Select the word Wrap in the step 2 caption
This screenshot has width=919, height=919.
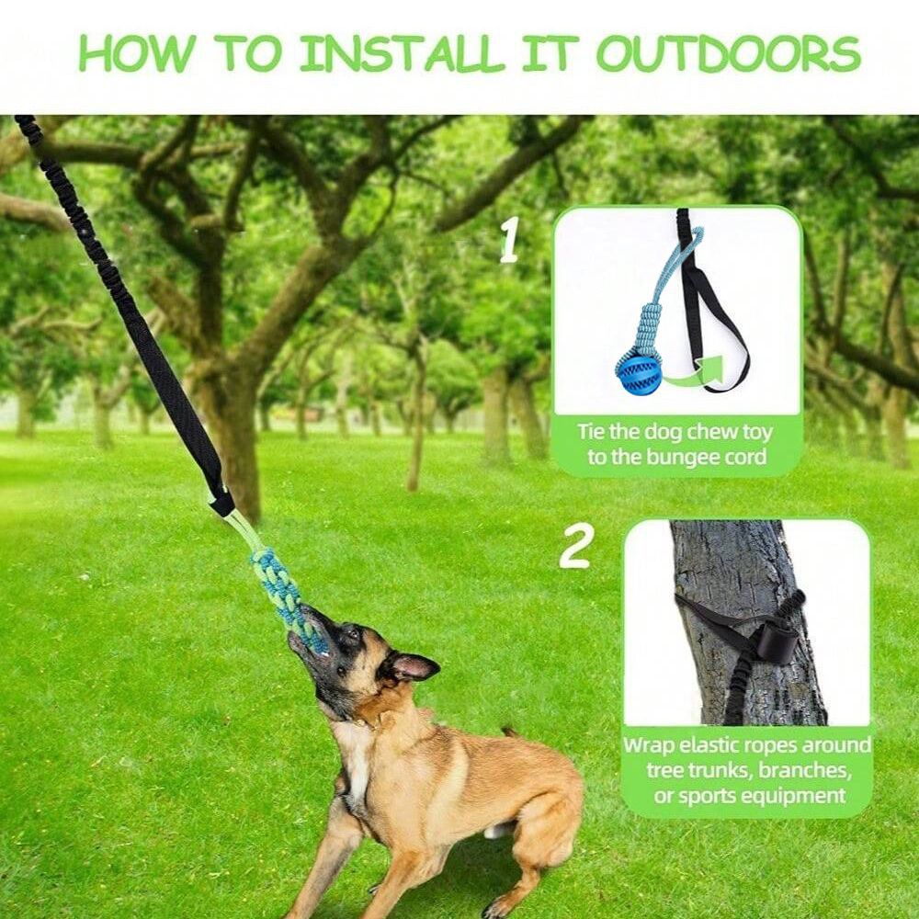(x=649, y=744)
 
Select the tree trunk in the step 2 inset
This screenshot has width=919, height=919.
(x=735, y=570)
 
